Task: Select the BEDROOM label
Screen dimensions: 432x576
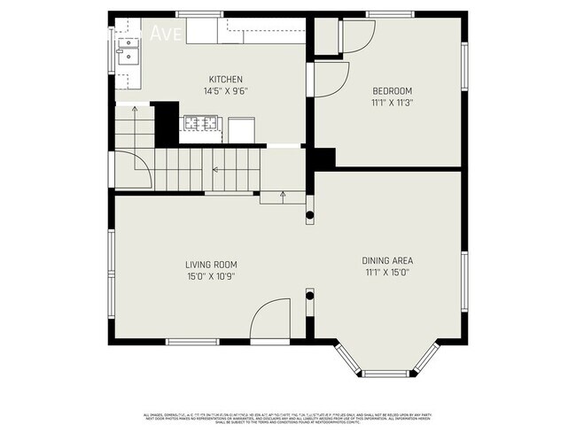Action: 391,90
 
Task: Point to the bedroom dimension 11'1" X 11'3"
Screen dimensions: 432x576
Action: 391,102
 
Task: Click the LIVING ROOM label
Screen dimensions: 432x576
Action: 211,265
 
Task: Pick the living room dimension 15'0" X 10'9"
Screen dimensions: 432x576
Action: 211,276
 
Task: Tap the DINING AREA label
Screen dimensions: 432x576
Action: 387,260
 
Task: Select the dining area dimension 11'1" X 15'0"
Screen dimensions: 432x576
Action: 387,272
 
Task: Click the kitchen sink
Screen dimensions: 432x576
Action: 125,58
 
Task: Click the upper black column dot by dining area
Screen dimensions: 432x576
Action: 310,214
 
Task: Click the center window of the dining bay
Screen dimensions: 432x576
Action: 386,372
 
